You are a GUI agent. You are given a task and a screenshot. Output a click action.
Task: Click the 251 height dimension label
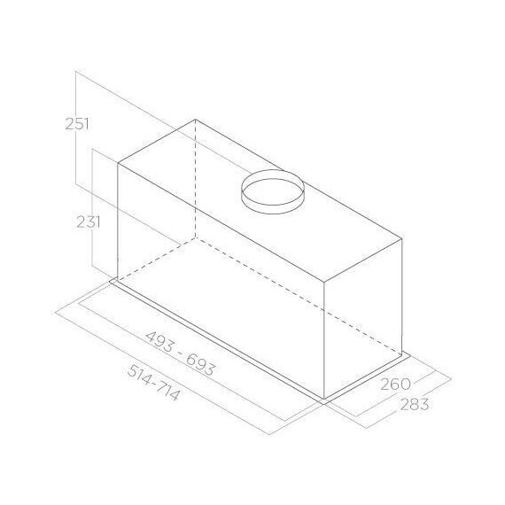77,124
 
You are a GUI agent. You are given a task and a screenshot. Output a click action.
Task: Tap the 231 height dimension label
88,221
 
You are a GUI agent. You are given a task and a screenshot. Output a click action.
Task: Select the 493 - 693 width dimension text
180,353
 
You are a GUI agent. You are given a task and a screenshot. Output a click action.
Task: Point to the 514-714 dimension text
153,383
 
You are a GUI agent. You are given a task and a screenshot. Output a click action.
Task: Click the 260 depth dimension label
395,385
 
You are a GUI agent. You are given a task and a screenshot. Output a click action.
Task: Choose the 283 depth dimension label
415,405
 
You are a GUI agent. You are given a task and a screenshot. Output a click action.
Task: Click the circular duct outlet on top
273,191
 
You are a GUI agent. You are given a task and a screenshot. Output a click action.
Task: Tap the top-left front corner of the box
118,164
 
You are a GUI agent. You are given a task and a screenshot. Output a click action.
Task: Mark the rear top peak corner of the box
196,120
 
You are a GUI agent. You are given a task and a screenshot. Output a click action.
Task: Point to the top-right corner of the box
402,239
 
